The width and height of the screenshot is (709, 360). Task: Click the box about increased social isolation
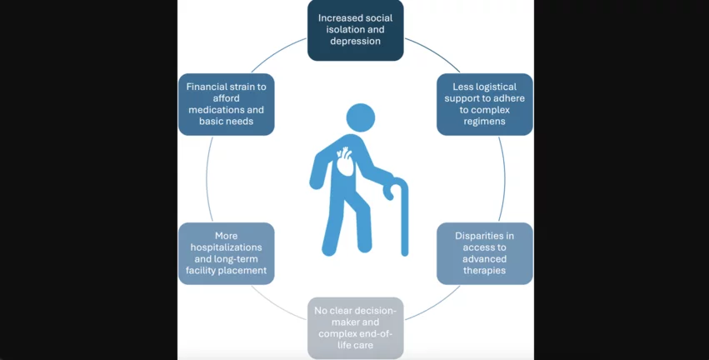[x=356, y=30]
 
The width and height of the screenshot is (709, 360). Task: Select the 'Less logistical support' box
[x=485, y=104]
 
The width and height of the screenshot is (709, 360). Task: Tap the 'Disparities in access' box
[x=485, y=253]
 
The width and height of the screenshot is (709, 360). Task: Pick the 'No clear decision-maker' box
[x=356, y=327]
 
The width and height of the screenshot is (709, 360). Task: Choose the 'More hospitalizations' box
[x=227, y=253]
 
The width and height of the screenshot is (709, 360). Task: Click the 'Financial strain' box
[x=227, y=104]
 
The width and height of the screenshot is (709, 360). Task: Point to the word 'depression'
[x=356, y=41]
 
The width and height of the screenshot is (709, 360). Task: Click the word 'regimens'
[x=485, y=121]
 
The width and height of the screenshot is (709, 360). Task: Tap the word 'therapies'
[x=485, y=270]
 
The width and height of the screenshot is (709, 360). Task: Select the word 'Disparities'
[x=485, y=236]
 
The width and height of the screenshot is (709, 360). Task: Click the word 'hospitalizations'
[x=227, y=247]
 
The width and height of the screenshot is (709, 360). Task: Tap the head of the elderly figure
[x=361, y=117]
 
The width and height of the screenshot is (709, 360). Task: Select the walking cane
[x=403, y=221]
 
